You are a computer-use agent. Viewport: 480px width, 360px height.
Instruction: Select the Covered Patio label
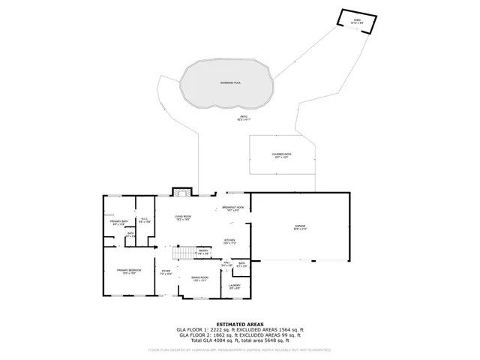[x=282, y=155]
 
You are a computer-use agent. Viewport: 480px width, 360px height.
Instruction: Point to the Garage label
[x=300, y=227]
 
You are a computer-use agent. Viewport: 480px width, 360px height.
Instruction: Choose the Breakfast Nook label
[x=230, y=209]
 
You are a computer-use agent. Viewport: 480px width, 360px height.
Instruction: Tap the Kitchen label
[x=230, y=242]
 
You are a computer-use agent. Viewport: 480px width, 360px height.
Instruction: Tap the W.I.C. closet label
[x=145, y=220]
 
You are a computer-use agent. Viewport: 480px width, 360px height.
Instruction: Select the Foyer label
[x=166, y=273]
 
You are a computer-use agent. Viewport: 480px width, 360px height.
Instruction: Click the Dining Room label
[x=199, y=279]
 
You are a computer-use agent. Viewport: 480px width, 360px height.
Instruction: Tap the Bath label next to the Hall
[x=241, y=264]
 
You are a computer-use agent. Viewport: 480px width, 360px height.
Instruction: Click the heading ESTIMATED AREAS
[x=239, y=323]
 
